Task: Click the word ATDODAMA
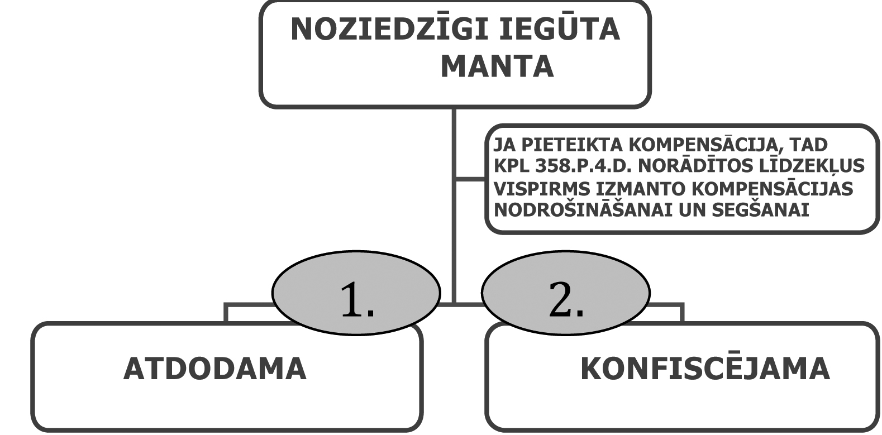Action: click(x=215, y=369)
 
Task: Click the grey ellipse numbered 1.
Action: click(x=356, y=293)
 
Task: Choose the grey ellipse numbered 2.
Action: click(x=565, y=293)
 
